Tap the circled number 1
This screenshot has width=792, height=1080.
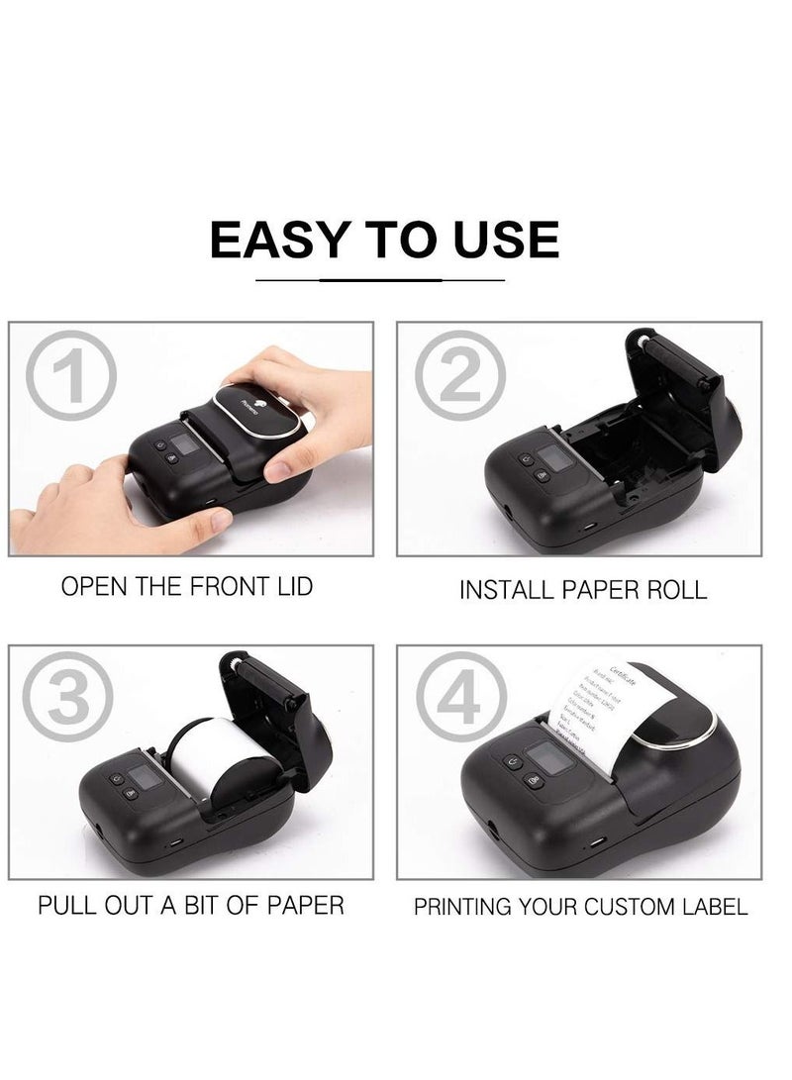coord(70,375)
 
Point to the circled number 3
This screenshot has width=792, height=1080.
coord(70,699)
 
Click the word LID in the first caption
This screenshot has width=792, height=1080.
coord(291,586)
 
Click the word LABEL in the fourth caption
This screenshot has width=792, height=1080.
coord(713,907)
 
